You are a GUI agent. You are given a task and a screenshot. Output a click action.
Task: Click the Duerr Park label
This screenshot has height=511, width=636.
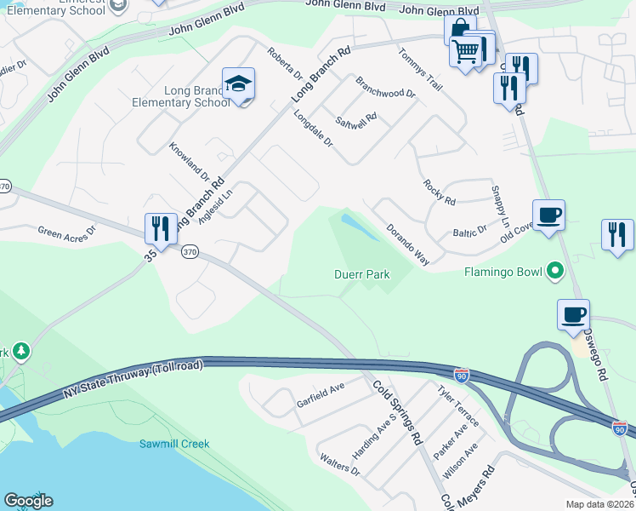(361, 274)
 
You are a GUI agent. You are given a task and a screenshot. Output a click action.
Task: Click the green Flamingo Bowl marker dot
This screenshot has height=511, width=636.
(556, 273)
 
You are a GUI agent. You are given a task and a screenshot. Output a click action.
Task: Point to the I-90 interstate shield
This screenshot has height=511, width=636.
(460, 374)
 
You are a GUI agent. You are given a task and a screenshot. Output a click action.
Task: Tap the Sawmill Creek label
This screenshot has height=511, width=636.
(174, 444)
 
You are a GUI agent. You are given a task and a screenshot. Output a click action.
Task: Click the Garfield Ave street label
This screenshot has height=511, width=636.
(319, 393)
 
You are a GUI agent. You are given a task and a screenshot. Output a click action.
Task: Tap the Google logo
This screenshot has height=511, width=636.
(28, 501)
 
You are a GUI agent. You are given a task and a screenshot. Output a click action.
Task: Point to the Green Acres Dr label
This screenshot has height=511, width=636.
(67, 233)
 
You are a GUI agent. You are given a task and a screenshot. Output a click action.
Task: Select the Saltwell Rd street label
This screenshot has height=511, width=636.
(356, 119)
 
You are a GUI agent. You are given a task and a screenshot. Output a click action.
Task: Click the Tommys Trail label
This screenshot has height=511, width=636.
(420, 67)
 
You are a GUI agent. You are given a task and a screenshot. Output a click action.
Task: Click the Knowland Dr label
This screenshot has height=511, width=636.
(190, 162)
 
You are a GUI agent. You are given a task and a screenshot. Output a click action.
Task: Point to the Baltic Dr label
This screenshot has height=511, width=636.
(469, 230)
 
